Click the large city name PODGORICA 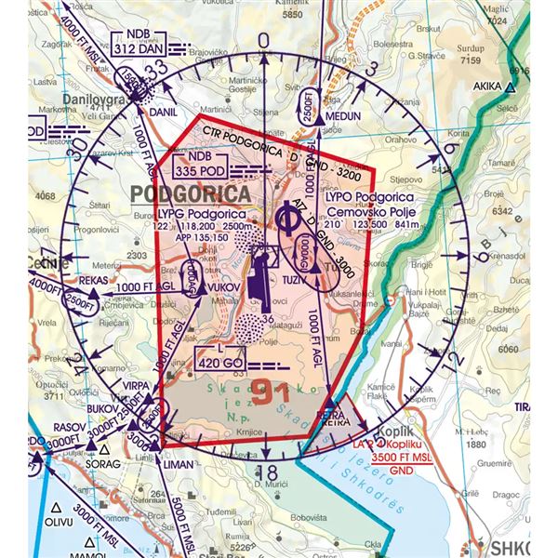coord(191,194)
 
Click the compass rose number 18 coord(264,472)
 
